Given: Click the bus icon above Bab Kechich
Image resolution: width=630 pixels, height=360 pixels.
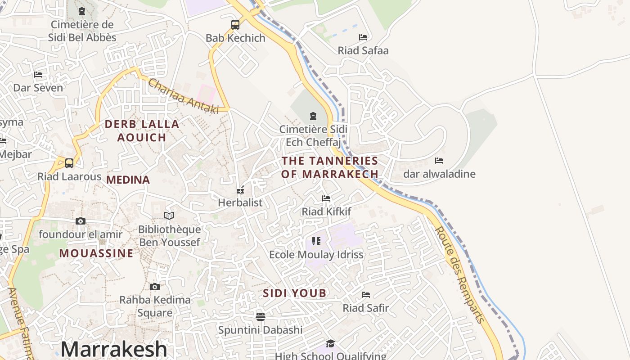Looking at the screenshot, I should coord(235,25).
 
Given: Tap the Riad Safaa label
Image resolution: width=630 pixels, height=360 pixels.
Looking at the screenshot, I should coord(363,50).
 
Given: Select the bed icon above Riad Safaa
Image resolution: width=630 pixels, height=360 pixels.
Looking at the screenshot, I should coord(363,37).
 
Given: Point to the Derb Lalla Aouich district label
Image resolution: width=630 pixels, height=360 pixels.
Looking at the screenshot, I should coord(142,130).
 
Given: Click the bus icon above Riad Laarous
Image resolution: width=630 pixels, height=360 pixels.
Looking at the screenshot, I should coord(69,163).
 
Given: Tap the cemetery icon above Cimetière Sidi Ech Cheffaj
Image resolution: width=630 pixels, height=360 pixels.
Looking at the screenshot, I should coord(313,116).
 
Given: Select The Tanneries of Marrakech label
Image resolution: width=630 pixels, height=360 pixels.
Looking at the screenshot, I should coord(330,167).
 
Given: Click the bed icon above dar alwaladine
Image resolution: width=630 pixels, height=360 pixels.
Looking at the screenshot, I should coord(439,160).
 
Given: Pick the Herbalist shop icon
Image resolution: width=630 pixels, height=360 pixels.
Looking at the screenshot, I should coord(240,189).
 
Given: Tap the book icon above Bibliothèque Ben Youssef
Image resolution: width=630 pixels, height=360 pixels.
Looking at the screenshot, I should coord(169,216).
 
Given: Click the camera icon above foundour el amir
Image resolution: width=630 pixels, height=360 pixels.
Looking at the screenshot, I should coord(81,221).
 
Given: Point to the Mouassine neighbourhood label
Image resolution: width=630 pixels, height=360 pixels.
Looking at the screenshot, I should coord(96,253).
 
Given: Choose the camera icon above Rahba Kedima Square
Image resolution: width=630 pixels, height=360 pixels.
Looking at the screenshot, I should coord(155,287).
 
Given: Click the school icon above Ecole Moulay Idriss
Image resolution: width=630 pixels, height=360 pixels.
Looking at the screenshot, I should coord(316,241).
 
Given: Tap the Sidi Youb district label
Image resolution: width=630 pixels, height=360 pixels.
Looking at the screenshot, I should coord(295,293).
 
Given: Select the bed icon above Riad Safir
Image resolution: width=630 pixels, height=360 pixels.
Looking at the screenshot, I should coord(366,295).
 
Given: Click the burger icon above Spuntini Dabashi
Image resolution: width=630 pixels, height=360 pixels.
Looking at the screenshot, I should coord(260,317).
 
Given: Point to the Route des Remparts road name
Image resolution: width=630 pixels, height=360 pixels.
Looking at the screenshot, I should coord(459,274).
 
